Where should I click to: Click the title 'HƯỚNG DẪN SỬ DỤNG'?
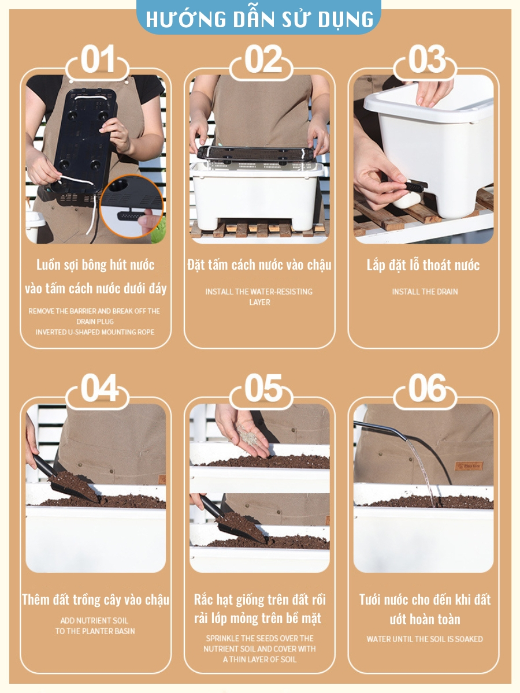pyautogui.click(x=259, y=19)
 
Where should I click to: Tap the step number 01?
pyautogui.click(x=97, y=59)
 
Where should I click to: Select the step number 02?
pyautogui.click(x=263, y=59)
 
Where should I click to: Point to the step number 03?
pyautogui.click(x=426, y=59)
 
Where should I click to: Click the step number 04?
pyautogui.click(x=99, y=388)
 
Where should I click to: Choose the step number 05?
pyautogui.click(x=263, y=388)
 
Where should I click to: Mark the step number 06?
pyautogui.click(x=427, y=388)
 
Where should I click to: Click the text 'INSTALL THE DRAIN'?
pyautogui.click(x=425, y=292)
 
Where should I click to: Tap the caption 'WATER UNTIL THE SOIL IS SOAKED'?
pyautogui.click(x=425, y=639)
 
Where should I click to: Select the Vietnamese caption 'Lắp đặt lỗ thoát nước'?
pyautogui.click(x=423, y=265)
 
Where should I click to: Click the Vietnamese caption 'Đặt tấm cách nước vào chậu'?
pyautogui.click(x=259, y=265)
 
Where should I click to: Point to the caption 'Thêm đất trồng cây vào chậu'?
pyautogui.click(x=95, y=600)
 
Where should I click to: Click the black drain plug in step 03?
pyautogui.click(x=416, y=187)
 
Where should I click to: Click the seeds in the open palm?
pyautogui.click(x=248, y=434)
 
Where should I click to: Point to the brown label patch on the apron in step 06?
pyautogui.click(x=469, y=466)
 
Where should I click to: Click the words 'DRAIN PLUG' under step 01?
pyautogui.click(x=95, y=322)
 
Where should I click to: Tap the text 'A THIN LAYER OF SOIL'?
pyautogui.click(x=259, y=660)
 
